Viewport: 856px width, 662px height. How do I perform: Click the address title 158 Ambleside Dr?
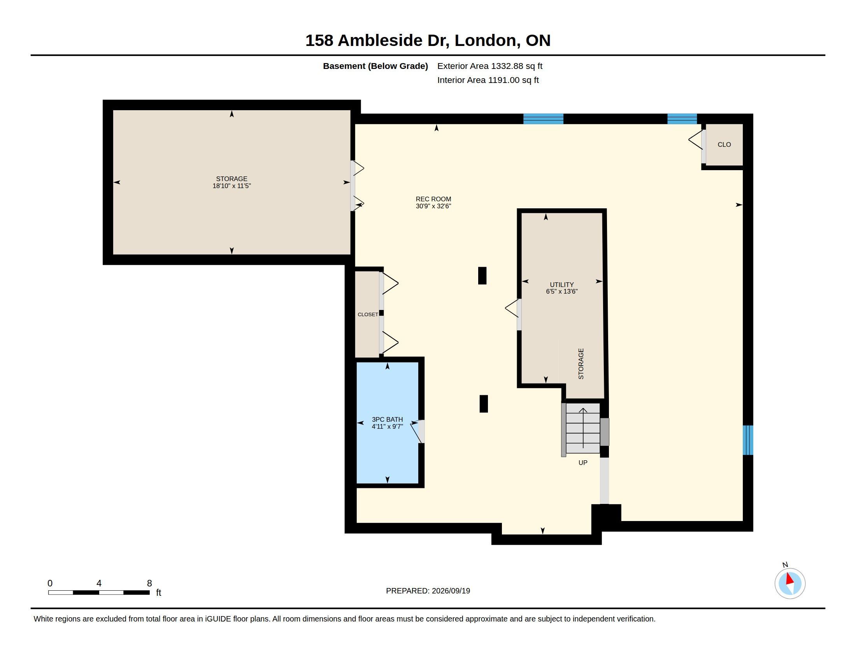coord(377,40)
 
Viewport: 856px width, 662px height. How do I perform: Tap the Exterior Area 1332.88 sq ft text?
coord(489,66)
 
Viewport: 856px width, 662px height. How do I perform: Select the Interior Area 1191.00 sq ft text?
coord(488,80)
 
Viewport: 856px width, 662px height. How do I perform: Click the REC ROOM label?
coord(433,199)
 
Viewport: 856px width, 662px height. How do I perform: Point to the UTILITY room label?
coord(561,285)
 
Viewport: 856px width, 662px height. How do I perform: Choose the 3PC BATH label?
coord(387,419)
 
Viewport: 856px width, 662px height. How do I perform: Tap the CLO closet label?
coord(724,145)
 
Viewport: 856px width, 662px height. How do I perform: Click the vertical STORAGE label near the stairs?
coord(581,364)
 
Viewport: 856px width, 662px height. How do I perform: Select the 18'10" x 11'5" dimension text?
coord(232,186)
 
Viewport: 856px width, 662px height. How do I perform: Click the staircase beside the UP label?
coord(583,428)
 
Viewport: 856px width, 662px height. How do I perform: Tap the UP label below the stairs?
coord(583,463)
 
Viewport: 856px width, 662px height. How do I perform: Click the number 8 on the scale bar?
coord(149,583)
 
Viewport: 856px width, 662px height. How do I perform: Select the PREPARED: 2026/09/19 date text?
coord(428,591)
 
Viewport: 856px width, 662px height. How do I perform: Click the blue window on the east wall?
coord(748,440)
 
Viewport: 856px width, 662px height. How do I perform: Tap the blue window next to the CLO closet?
coord(682,119)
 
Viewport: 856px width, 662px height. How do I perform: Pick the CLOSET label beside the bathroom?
coord(368,315)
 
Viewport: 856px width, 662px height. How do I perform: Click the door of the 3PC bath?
coord(418,431)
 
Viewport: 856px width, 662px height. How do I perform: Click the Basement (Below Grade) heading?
coord(375,66)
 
